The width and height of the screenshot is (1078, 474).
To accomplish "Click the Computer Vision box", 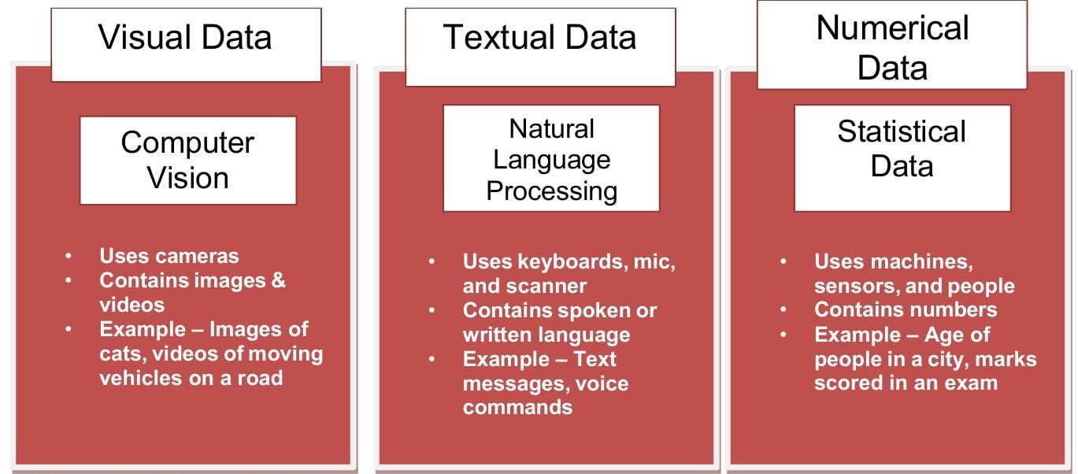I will (x=187, y=160).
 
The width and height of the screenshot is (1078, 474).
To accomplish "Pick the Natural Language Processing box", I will (x=550, y=159).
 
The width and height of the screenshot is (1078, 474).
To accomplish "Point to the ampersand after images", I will (x=277, y=280).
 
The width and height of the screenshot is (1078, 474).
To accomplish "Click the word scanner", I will (x=554, y=286).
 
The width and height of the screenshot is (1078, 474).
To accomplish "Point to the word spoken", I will (x=599, y=310).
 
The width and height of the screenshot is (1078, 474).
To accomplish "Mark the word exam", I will (x=971, y=383).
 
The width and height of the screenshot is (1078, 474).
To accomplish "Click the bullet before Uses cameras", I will (x=69, y=256).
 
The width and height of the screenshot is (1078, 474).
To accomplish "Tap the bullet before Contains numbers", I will (x=783, y=310).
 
